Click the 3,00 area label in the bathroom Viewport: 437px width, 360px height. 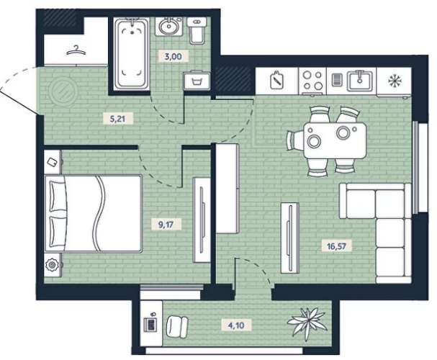tap(173, 57)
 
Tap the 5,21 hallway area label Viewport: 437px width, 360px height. tap(117, 120)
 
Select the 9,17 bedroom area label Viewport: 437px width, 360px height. tap(166, 225)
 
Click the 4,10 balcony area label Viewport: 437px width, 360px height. tap(236, 325)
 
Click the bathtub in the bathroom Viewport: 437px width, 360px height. tap(132, 53)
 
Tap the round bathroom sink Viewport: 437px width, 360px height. tap(169, 26)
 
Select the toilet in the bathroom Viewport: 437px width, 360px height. tap(197, 30)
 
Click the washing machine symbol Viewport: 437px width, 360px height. tap(197, 81)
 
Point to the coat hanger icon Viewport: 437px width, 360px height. tap(76, 50)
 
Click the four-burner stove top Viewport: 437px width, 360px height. tap(312, 80)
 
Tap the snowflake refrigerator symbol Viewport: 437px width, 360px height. tap(395, 81)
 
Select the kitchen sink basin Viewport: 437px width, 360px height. tap(360, 80)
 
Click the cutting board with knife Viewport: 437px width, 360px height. tap(277, 80)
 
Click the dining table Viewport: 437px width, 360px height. tap(335, 140)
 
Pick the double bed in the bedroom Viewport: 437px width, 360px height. tap(93, 213)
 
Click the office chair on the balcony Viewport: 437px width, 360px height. tap(177, 325)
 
